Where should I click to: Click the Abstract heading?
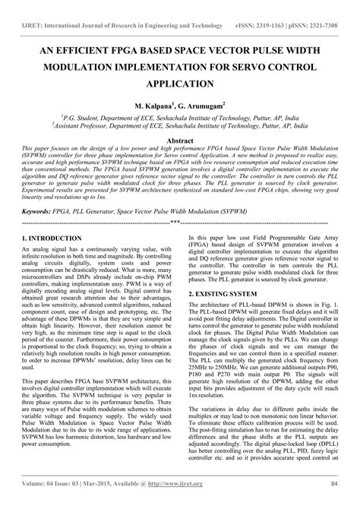point(180,141)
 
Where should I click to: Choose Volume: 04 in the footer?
point(46,501)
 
